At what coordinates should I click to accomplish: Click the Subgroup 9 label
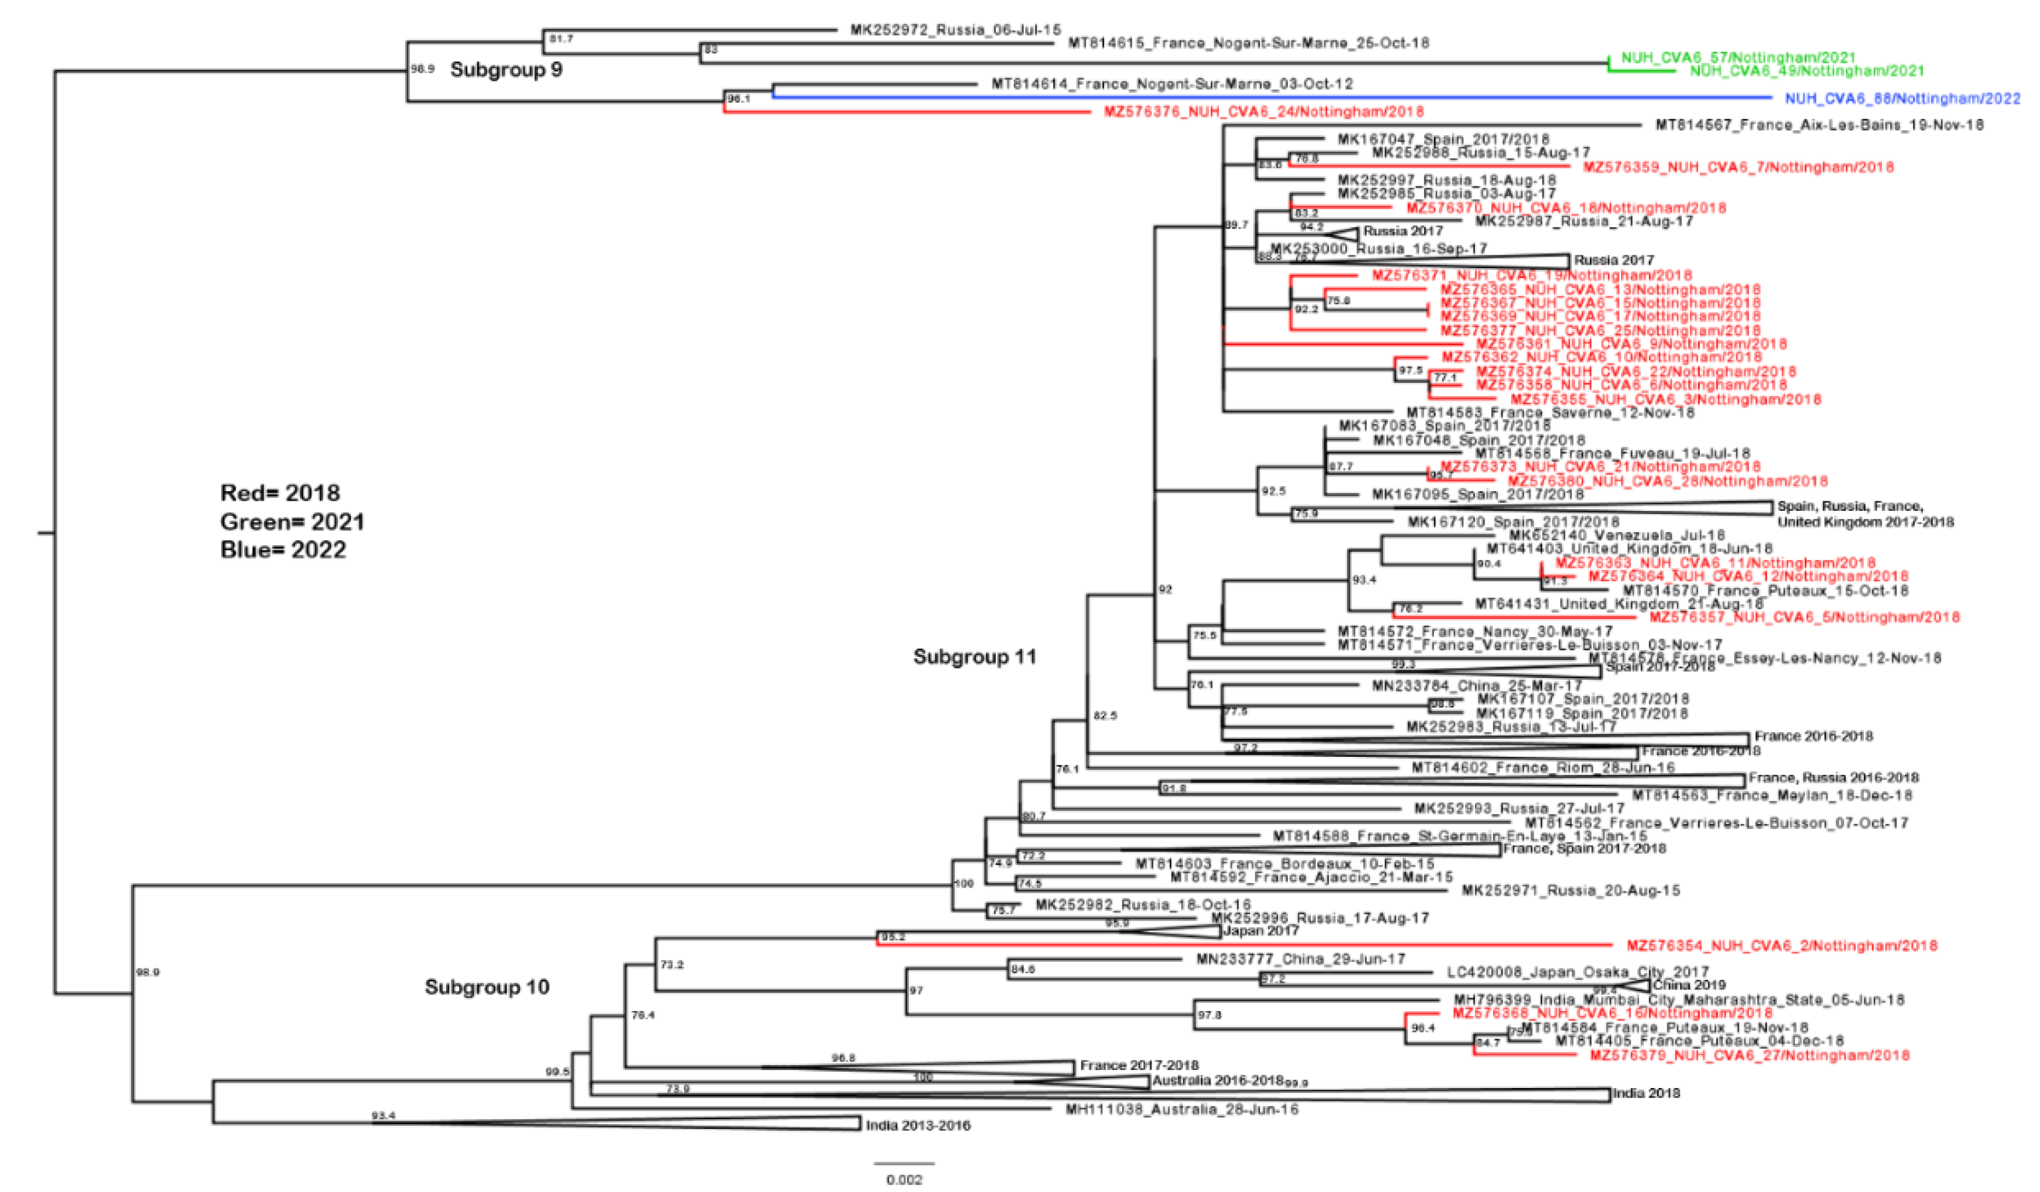[506, 70]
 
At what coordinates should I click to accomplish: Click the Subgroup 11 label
[975, 657]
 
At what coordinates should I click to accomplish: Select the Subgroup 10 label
[486, 987]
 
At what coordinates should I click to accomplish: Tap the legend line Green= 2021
[292, 522]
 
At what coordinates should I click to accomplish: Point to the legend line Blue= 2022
[283, 550]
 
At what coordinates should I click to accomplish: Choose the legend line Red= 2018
[280, 493]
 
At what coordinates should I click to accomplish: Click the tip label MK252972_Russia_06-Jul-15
[955, 30]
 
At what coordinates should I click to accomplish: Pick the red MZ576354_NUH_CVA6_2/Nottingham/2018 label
[1782, 946]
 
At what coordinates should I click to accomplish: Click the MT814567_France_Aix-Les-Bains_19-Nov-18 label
[1819, 124]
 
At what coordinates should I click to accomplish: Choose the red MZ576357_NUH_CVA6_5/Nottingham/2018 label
[1804, 617]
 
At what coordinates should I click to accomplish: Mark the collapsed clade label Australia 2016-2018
[1218, 1080]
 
